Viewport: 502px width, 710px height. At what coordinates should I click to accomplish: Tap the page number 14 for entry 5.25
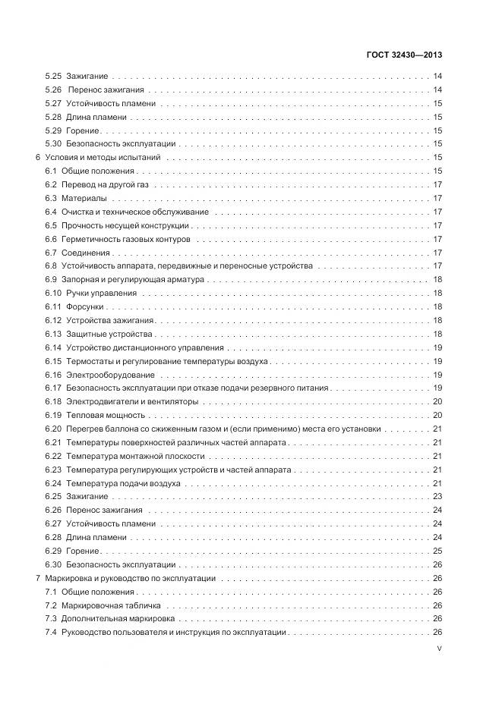[x=437, y=77]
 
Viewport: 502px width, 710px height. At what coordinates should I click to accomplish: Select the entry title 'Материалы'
[x=84, y=199]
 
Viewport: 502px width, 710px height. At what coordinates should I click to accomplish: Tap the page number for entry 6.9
[x=437, y=280]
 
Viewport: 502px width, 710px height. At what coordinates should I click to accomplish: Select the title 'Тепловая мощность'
[x=105, y=416]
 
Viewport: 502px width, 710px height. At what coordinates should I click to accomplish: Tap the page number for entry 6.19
[x=437, y=416]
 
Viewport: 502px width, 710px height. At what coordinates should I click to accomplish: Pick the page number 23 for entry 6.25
[x=437, y=497]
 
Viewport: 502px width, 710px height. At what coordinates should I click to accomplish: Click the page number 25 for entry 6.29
[x=437, y=551]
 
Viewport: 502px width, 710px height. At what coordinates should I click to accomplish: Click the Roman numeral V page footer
[x=440, y=649]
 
